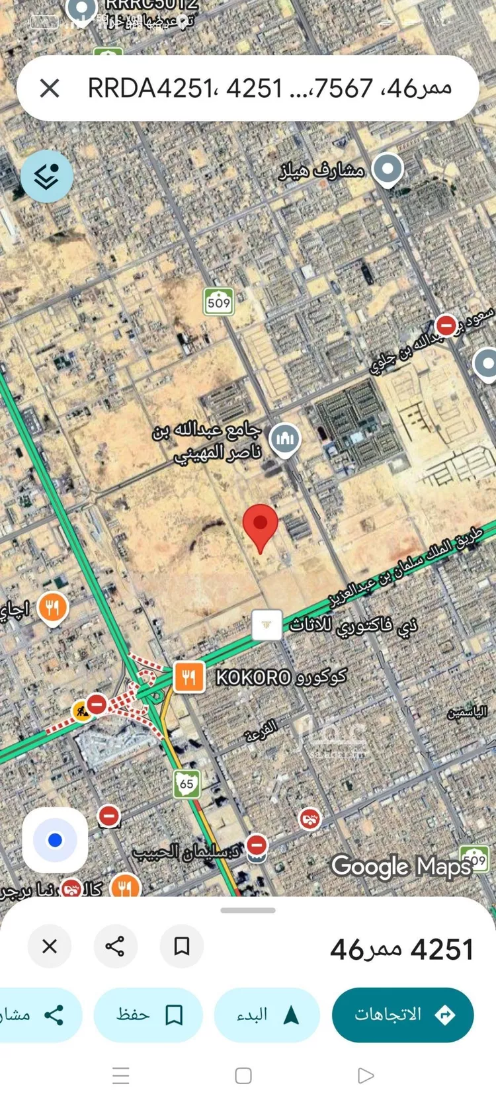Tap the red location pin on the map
coord(261,524)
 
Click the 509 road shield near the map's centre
coord(218,302)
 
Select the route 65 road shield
coord(186,784)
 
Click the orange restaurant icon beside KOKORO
coord(188,677)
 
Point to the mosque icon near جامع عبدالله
coord(286,438)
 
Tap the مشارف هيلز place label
coord(322,171)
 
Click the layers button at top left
coord(46,176)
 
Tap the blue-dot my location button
coord(55,840)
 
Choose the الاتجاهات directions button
coord(402,1015)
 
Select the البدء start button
coord(267,1015)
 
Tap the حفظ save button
coord(148,1015)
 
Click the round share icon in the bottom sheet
coord(115,946)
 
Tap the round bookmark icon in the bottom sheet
coord(181,946)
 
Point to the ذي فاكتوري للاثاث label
coord(354,624)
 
